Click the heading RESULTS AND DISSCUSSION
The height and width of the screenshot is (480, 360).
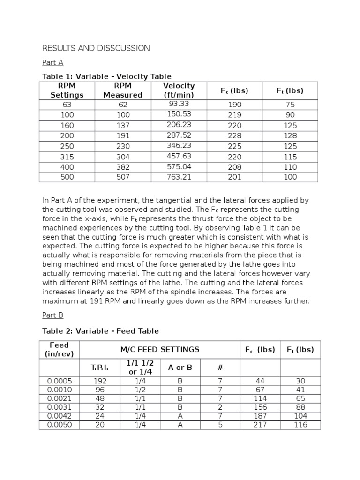point(96,48)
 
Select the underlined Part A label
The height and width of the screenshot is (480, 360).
point(52,62)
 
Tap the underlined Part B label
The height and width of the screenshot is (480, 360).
point(52,315)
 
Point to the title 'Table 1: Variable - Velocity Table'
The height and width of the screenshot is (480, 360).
point(107,76)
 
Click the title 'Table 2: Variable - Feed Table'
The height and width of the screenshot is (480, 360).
point(100,331)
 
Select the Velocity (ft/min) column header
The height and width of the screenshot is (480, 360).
point(179,90)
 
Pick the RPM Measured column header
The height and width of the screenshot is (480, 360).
point(122,90)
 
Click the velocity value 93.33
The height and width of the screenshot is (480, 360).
point(179,104)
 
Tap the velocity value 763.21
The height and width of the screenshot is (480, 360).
point(179,177)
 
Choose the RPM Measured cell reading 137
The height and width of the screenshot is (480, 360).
point(122,126)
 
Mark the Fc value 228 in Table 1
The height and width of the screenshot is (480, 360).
point(234,136)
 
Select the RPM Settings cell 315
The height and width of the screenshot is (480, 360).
point(67,157)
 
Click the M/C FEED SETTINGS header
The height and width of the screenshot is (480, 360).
point(160,349)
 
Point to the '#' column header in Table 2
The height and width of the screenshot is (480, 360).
point(220,367)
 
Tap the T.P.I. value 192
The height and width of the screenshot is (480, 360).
point(100,381)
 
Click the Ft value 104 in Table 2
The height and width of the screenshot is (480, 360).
point(300,416)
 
